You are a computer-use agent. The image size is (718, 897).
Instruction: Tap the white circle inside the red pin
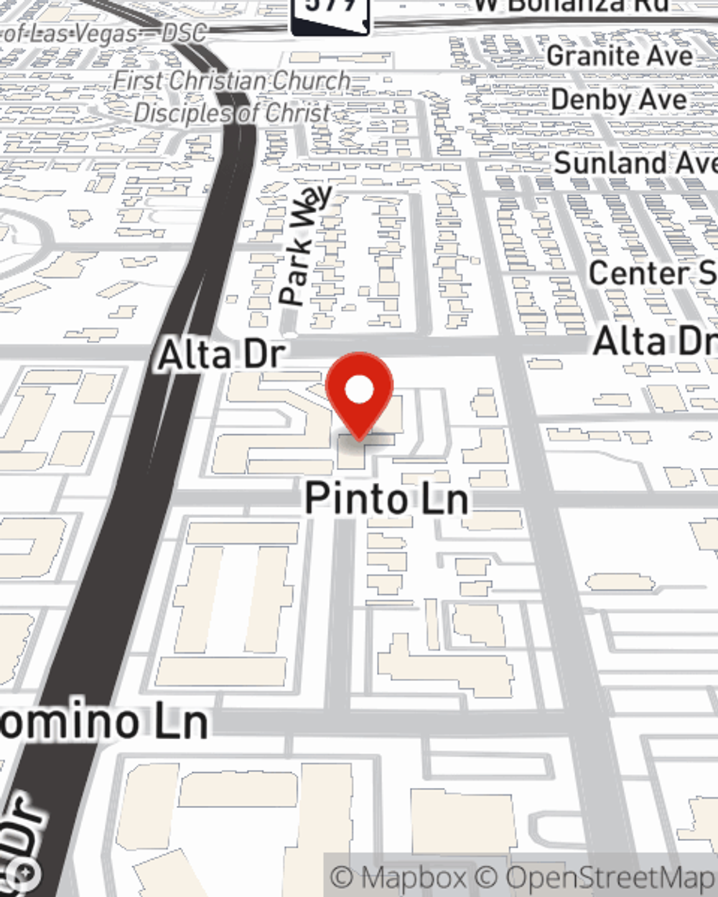coord(359,391)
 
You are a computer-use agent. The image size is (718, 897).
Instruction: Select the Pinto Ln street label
coord(386,498)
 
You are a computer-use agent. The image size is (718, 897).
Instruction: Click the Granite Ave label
coord(620,56)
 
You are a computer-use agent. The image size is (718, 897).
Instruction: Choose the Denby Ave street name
coord(619,100)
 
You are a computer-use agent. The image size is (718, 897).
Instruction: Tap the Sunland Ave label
coord(635,163)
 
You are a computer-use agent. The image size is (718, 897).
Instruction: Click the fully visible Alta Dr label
coord(221,354)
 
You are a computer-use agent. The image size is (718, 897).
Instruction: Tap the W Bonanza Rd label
coord(571,6)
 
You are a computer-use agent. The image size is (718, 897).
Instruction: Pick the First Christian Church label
coord(231,81)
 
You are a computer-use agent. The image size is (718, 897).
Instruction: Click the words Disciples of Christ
coord(231,113)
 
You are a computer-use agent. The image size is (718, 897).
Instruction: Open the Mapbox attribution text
coord(398,878)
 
